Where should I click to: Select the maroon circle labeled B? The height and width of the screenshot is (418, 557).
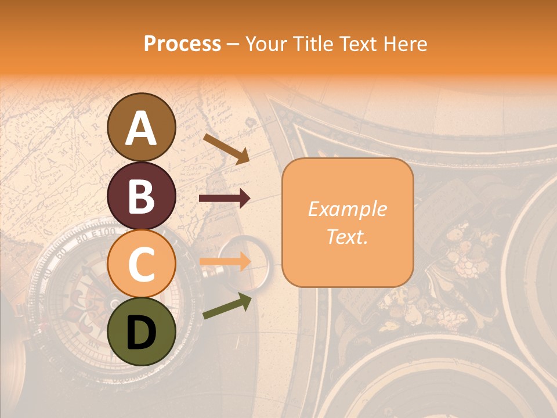(x=141, y=196)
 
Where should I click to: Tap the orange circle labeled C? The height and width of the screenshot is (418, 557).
(x=141, y=264)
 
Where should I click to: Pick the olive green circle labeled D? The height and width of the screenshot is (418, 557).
(x=141, y=332)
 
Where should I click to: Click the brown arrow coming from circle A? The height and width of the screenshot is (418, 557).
(x=226, y=148)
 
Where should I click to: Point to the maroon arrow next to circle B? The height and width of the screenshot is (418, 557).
(x=225, y=199)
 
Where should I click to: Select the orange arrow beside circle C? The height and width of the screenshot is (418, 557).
(x=225, y=262)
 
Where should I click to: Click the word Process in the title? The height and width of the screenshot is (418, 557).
(x=182, y=44)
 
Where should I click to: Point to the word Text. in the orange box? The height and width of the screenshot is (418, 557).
(x=347, y=237)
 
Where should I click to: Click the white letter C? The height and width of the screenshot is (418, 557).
(x=141, y=265)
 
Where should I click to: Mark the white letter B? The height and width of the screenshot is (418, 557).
(x=141, y=197)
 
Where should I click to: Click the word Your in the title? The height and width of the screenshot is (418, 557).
(x=265, y=44)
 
